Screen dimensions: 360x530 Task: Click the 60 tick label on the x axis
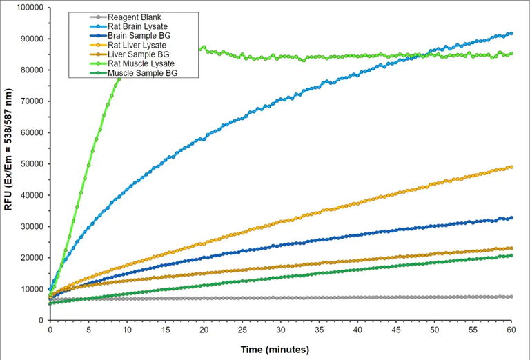[x=511, y=330]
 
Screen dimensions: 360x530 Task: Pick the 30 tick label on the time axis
[x=280, y=330]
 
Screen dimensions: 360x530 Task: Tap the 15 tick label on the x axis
[x=165, y=330]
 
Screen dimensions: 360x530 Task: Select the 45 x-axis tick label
[x=395, y=330]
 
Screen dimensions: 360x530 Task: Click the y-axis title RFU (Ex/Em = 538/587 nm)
[x=10, y=163]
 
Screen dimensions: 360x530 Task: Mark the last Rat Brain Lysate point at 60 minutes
[x=511, y=33]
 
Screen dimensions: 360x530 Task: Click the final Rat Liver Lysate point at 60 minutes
[x=511, y=167]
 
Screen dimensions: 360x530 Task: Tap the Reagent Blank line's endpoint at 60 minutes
[x=511, y=297]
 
